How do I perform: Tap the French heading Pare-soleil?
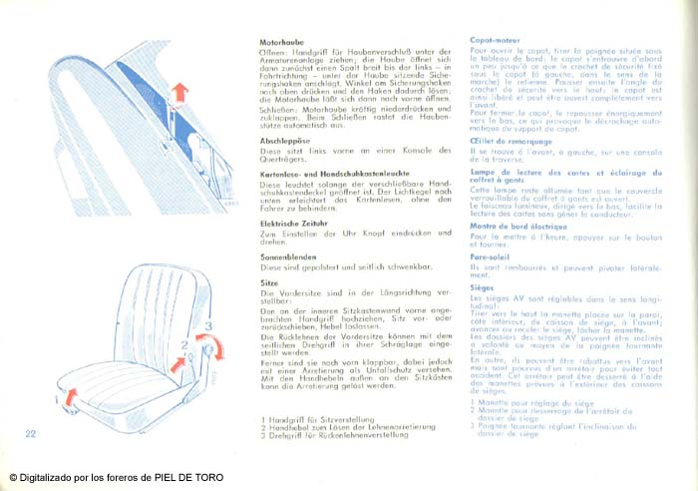[490, 256]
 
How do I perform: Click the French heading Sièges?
[483, 286]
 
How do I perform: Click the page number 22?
[31, 432]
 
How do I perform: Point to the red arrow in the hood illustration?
[177, 94]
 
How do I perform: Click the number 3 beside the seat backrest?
[208, 325]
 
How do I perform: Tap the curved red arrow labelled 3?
[210, 345]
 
